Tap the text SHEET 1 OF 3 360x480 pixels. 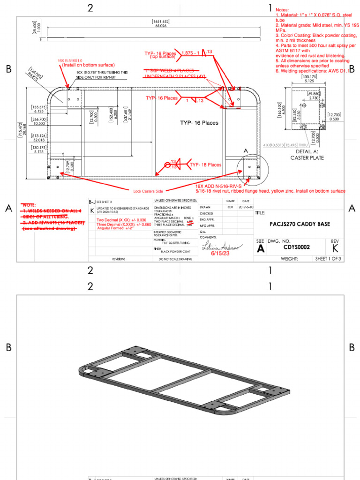[x=328, y=258]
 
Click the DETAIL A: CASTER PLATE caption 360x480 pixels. [x=307, y=155]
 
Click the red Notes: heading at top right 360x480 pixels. [x=282, y=10]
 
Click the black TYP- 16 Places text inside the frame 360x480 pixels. [x=199, y=123]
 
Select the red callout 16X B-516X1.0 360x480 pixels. [x=70, y=60]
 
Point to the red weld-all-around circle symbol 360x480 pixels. [x=168, y=165]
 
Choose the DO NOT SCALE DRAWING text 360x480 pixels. [x=173, y=259]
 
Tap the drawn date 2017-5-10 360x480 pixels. [x=246, y=207]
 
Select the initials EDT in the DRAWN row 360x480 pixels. [x=230, y=207]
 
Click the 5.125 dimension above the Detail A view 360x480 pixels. [x=307, y=81]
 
